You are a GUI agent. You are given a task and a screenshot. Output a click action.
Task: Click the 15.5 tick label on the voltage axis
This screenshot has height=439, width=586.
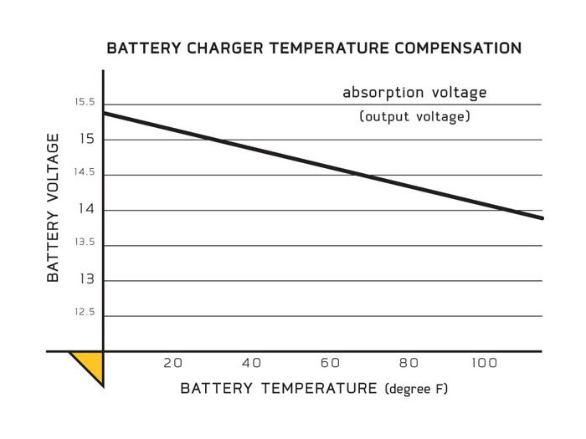[x=85, y=102]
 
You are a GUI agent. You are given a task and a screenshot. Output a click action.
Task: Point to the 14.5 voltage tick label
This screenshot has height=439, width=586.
[x=85, y=172]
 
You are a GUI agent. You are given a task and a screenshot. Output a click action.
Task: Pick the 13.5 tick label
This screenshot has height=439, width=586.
[x=85, y=242]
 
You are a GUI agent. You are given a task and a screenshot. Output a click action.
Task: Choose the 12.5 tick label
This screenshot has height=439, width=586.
[x=85, y=312]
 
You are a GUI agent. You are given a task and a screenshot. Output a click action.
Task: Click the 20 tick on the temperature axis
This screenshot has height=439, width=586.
[x=172, y=363]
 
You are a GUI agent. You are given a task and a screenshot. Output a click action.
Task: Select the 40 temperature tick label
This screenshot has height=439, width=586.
[x=251, y=363]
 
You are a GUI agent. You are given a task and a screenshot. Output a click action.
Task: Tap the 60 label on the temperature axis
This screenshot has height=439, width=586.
[x=330, y=363]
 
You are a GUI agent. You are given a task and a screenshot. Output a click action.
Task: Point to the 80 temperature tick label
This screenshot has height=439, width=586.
[x=409, y=363]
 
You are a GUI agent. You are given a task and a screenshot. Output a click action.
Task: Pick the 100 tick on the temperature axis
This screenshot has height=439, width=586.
[x=484, y=363]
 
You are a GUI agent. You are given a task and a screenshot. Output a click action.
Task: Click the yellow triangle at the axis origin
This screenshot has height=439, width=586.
[x=90, y=365]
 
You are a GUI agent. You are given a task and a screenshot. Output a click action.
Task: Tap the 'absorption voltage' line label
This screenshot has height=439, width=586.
[x=414, y=92]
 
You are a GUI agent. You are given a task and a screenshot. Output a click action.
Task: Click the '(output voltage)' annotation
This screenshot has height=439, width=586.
[x=414, y=117]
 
